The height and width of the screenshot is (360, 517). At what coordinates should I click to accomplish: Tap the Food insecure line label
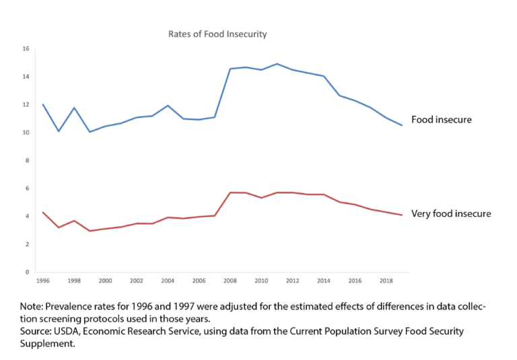(x=442, y=120)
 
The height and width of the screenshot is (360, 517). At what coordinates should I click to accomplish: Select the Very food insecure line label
(x=451, y=214)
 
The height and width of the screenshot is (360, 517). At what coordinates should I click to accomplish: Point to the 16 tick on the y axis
(x=26, y=48)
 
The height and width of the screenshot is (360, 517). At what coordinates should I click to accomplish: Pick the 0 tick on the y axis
(x=27, y=273)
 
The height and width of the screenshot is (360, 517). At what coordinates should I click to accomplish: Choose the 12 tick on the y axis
(x=26, y=105)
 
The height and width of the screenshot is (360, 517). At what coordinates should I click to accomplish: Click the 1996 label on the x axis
(x=42, y=281)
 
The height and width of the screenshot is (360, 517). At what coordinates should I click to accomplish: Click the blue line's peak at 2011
(x=277, y=64)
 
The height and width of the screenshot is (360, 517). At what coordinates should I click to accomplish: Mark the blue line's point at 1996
(x=42, y=104)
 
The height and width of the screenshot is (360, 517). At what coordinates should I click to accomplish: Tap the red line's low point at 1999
(x=90, y=231)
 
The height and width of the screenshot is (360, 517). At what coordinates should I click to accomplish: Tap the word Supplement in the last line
(x=46, y=344)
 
